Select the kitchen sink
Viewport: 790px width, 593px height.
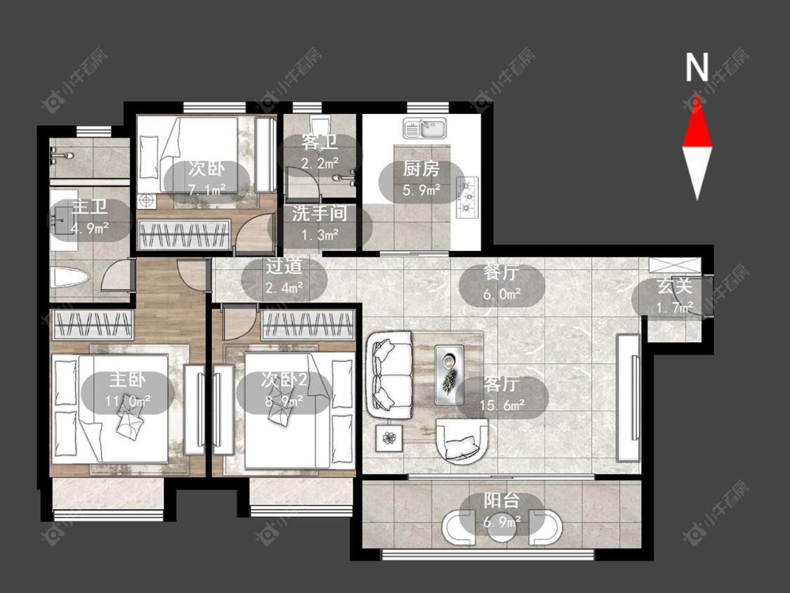(424, 128)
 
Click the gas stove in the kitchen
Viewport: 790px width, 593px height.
(468, 197)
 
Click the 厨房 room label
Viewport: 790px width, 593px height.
(421, 169)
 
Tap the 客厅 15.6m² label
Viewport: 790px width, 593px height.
(502, 394)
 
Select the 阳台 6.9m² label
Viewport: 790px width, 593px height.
(501, 510)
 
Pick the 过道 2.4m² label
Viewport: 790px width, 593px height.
(284, 276)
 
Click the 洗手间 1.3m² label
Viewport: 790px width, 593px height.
(320, 223)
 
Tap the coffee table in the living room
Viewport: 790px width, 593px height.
(449, 374)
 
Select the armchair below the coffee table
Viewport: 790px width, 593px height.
(462, 441)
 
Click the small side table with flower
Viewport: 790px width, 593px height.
(389, 438)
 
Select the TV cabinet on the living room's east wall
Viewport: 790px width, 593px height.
(628, 398)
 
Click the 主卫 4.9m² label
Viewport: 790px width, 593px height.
(90, 217)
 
